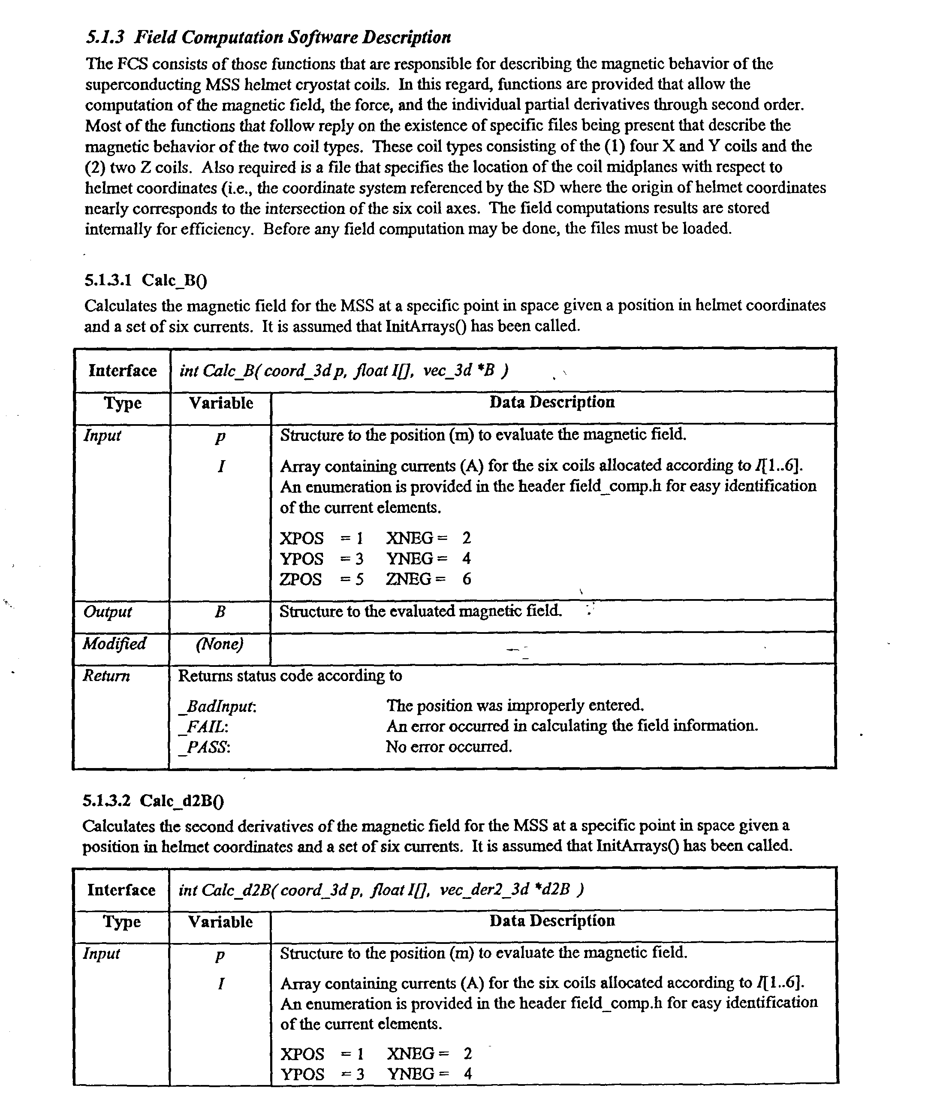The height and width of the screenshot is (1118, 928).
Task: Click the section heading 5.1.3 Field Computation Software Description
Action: click(268, 37)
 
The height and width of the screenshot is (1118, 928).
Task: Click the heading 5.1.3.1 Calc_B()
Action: click(145, 280)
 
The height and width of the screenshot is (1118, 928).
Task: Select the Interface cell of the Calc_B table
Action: click(123, 371)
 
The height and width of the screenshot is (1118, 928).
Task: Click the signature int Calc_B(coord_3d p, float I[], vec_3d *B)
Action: click(344, 371)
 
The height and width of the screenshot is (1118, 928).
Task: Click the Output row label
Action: click(108, 612)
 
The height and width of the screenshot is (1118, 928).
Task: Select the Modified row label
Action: click(114, 644)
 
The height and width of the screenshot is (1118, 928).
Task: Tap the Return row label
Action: click(106, 676)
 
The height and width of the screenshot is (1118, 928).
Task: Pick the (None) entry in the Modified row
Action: click(220, 644)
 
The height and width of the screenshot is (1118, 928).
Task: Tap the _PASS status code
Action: click(205, 747)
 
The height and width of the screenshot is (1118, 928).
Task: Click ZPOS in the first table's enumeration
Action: click(301, 579)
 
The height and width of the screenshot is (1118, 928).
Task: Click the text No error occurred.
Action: click(449, 747)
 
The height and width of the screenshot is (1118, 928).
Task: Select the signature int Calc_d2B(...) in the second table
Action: click(381, 889)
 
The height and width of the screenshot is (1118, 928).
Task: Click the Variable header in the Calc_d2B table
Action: click(220, 922)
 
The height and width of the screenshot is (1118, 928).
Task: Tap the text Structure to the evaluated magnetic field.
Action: click(421, 611)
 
